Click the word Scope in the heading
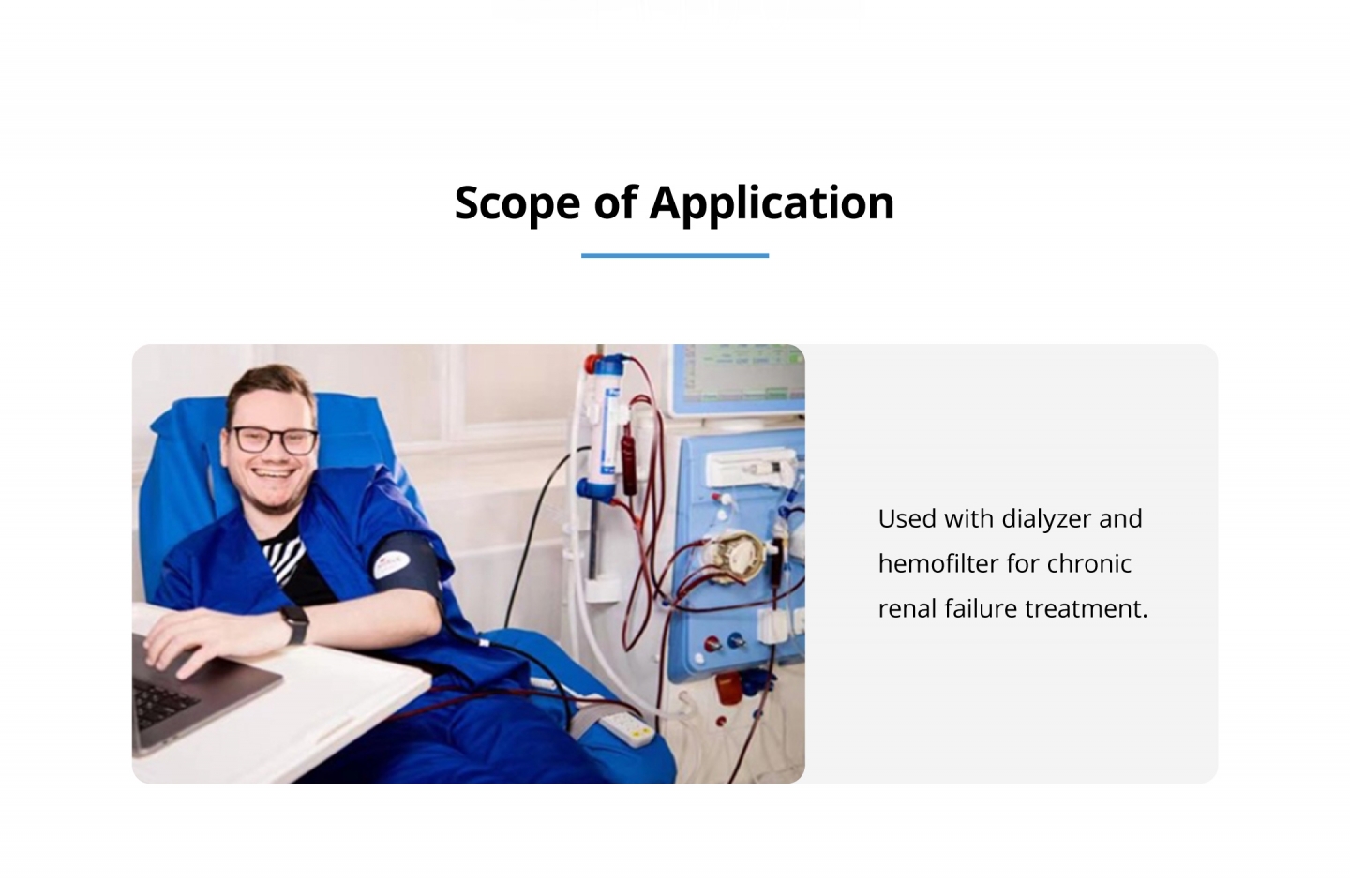tap(517, 203)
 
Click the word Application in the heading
tap(772, 203)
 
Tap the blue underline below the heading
tap(674, 256)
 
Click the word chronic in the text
tap(1089, 564)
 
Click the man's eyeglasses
tap(275, 440)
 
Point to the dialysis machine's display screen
tap(741, 377)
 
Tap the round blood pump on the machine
tap(737, 555)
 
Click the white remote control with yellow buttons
tap(628, 728)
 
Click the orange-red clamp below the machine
tap(728, 689)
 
